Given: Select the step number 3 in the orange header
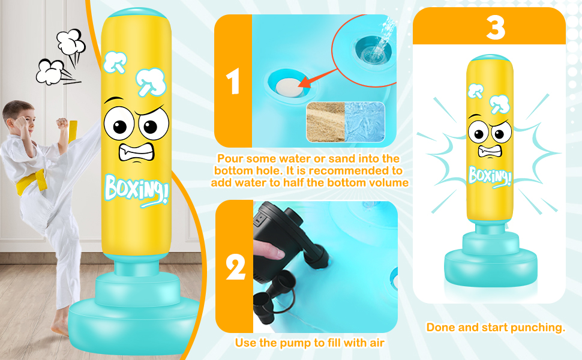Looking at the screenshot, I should [x=496, y=27].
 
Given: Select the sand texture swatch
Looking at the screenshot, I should [x=326, y=122].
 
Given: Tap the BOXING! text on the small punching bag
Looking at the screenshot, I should [x=490, y=176].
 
